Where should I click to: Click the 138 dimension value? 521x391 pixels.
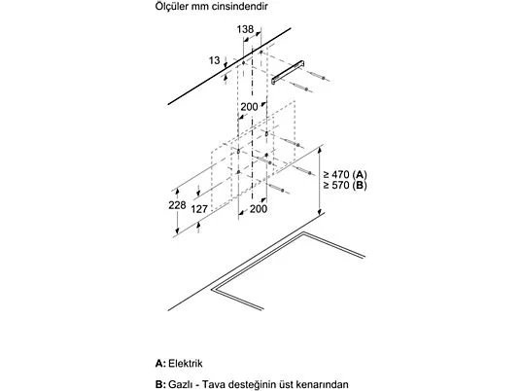[245, 29]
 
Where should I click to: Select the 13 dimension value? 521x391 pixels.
[214, 60]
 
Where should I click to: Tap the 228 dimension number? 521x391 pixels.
[177, 205]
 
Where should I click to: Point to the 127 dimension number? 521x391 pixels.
[199, 209]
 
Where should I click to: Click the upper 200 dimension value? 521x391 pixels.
[249, 107]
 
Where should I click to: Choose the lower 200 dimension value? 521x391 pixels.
[259, 209]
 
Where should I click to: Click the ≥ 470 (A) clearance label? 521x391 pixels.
[345, 174]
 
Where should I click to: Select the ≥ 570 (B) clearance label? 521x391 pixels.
[345, 185]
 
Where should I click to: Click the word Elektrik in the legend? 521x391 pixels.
[186, 363]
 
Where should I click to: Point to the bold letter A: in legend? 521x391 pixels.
[160, 363]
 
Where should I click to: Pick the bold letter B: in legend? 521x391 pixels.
[160, 385]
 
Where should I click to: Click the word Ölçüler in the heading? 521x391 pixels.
[172, 6]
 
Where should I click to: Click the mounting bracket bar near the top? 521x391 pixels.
[288, 72]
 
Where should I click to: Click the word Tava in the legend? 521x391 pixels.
[213, 385]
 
